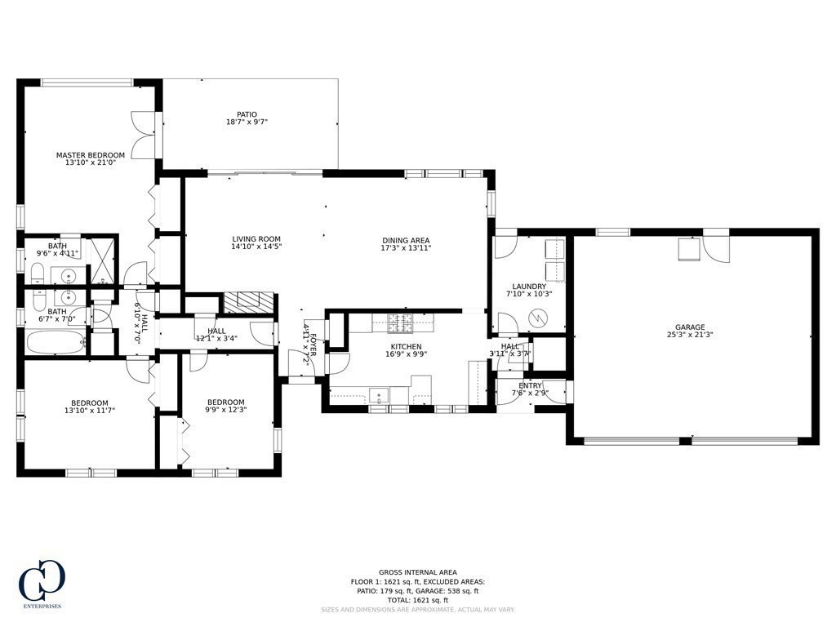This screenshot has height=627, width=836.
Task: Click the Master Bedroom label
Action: (x=90, y=155)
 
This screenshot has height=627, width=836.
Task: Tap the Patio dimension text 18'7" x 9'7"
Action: (x=247, y=122)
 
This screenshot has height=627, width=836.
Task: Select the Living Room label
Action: (x=256, y=239)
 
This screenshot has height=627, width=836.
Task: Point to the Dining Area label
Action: (x=406, y=240)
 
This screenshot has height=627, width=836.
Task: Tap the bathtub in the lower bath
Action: (x=56, y=342)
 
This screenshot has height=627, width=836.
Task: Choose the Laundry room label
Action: (x=528, y=287)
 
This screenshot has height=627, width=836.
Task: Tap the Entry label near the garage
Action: (x=530, y=385)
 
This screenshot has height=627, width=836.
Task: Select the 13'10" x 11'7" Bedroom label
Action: (x=89, y=402)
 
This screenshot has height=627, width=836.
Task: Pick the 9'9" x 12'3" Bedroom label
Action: (x=225, y=402)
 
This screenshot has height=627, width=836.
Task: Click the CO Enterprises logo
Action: (x=42, y=584)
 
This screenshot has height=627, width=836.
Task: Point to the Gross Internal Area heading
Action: (x=417, y=572)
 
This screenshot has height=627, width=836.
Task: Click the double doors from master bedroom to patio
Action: (x=144, y=135)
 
